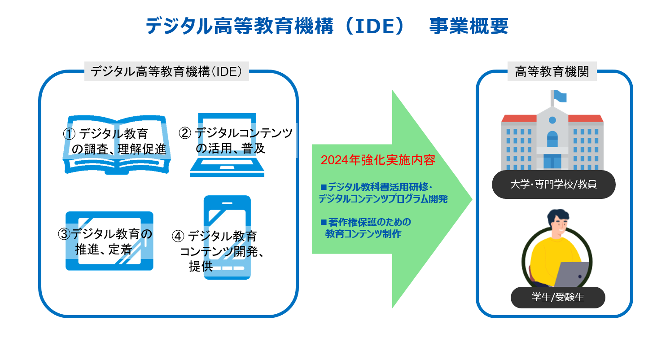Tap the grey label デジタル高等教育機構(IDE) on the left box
click(166, 72)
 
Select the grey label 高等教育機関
click(552, 72)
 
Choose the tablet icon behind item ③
click(109, 241)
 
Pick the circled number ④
click(178, 236)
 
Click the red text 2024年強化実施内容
click(378, 160)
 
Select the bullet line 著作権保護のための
click(366, 222)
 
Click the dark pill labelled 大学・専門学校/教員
click(553, 184)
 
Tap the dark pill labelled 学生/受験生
click(558, 297)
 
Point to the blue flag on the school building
click(560, 96)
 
